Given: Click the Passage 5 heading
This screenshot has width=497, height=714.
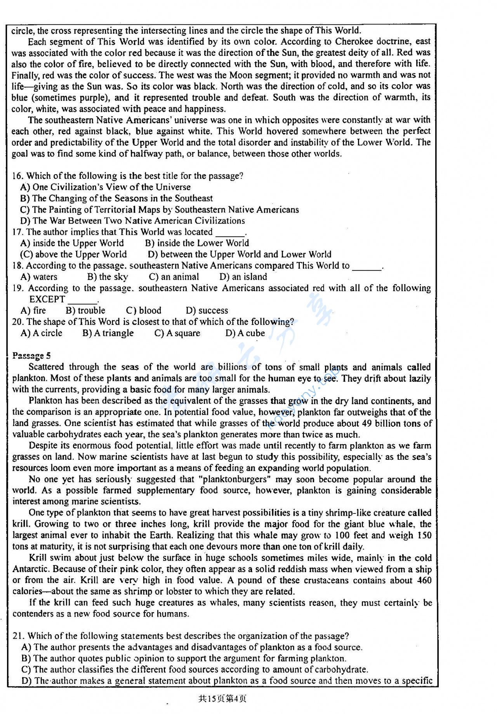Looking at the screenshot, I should (x=31, y=355).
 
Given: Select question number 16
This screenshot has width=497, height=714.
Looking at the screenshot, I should (x=17, y=176).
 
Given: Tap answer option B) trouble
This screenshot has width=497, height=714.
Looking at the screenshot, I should (x=85, y=311).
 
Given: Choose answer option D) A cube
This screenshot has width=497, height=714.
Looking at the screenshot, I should (x=245, y=333).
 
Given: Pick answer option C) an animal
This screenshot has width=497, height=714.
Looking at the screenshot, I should (x=174, y=277).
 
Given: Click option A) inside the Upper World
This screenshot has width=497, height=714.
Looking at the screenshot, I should (x=72, y=243).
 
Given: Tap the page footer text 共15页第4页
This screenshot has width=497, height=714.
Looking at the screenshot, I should (x=222, y=698).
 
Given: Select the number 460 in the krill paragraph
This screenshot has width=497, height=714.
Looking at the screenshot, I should (x=424, y=580).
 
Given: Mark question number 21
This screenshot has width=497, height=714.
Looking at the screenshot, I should (x=18, y=636).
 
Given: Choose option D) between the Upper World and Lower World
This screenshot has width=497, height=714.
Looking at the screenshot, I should (x=240, y=255).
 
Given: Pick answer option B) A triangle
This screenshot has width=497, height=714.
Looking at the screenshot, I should (x=108, y=333).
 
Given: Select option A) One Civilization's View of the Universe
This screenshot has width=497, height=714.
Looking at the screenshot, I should (x=105, y=187).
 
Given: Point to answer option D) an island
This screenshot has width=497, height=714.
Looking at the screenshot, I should (x=243, y=277).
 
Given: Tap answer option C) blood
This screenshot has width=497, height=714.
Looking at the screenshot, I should (x=144, y=311).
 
